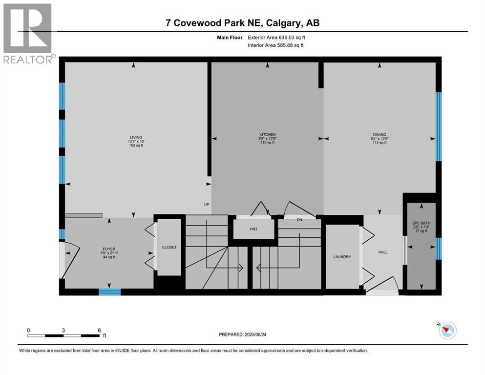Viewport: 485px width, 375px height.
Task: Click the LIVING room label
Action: (132, 137)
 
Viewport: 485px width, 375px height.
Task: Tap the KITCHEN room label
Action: (267, 134)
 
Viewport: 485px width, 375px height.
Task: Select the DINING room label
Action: (379, 134)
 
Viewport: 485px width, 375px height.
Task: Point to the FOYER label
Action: (109, 249)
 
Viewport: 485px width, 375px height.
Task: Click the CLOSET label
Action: (169, 247)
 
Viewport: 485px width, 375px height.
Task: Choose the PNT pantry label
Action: (253, 229)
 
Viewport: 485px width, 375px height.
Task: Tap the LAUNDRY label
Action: (342, 257)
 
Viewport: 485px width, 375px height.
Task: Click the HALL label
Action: (383, 252)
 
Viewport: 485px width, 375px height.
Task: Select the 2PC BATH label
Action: (421, 223)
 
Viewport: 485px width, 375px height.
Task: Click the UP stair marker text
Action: (207, 205)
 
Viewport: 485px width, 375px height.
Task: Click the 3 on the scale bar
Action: (63, 330)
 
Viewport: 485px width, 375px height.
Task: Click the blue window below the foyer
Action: (109, 292)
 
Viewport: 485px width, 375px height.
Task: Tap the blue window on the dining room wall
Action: (438, 126)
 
